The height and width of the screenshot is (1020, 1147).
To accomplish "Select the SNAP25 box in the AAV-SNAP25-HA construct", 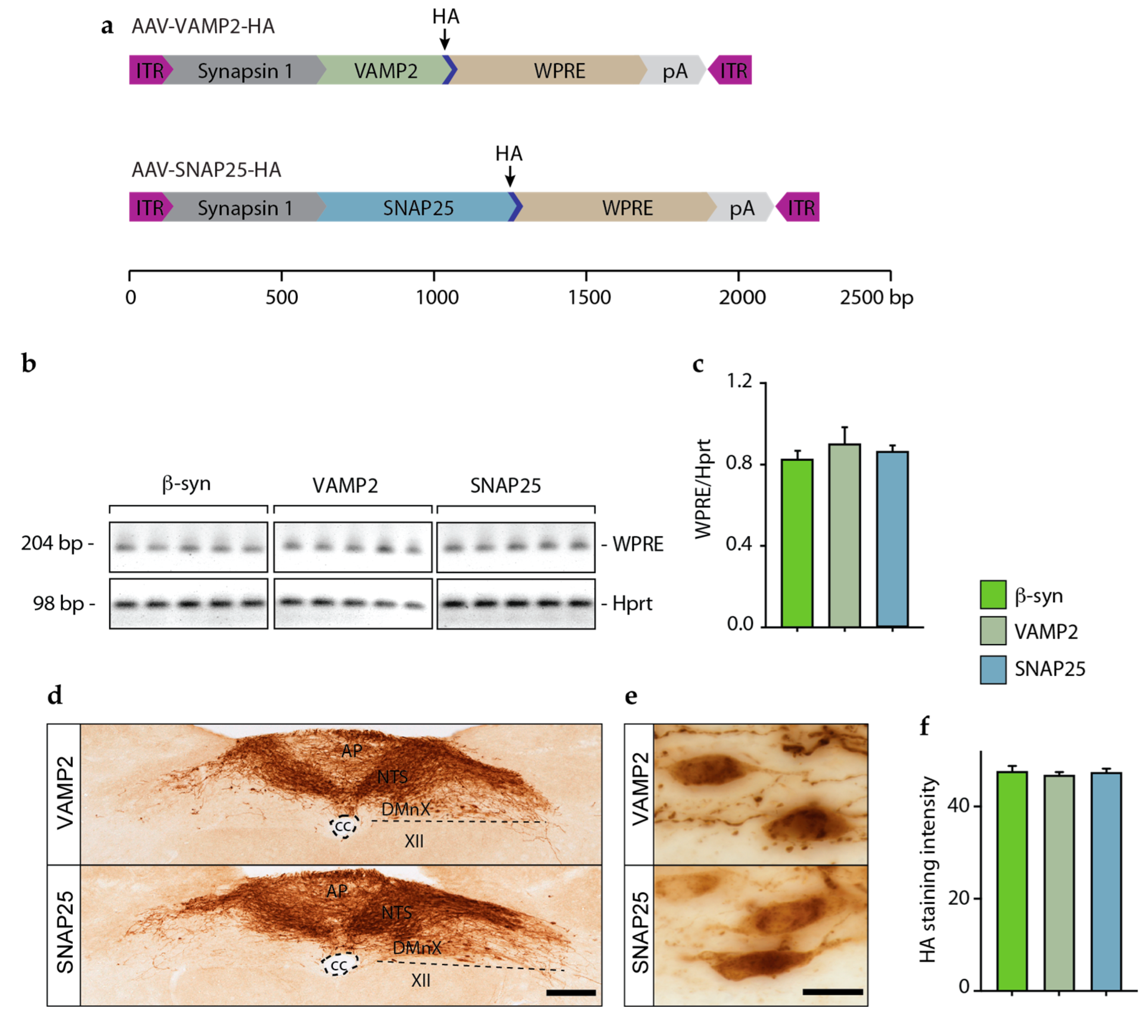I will coord(418,208).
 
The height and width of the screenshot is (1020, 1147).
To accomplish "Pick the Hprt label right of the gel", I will coord(632,603).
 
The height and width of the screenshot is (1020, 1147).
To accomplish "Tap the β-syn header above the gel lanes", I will coord(186,484).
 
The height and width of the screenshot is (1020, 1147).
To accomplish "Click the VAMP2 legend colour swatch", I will coord(993,631).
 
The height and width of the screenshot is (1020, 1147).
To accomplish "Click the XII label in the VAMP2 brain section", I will coord(414,841).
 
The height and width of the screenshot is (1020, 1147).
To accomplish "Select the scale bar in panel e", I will coord(832,992).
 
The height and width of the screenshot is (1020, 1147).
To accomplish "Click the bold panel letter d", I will coord(55,696).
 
